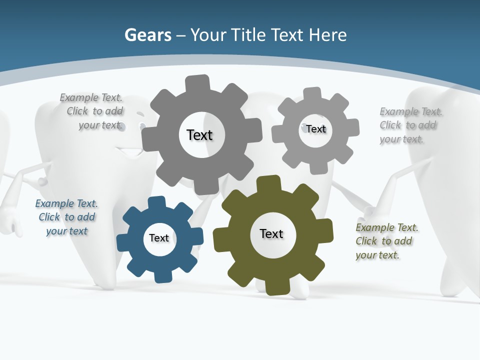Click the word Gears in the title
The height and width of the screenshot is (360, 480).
pos(147,35)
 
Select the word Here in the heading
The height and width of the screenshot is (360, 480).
pos(327,35)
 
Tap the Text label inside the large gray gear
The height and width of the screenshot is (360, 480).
pos(199,135)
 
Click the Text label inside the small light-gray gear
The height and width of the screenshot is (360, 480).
pos(316,129)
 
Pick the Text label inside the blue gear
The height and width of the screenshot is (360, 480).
pos(159,238)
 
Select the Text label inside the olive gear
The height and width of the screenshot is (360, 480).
pos(271,233)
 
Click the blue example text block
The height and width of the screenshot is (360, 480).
pos(66,217)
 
